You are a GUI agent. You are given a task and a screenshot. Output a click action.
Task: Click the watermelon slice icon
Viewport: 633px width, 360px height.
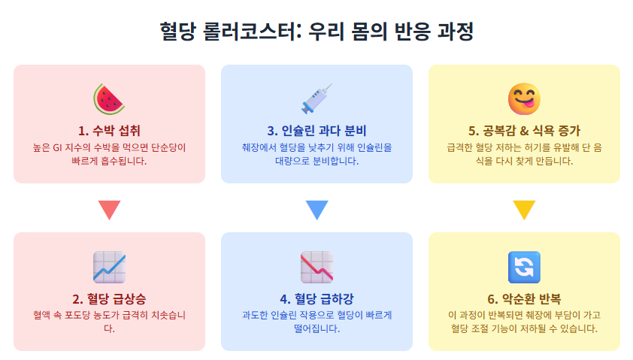pyautogui.click(x=109, y=98)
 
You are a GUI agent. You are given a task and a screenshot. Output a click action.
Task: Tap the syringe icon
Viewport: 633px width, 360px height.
pyautogui.click(x=316, y=98)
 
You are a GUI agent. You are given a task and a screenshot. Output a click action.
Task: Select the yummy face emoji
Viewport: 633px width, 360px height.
pyautogui.click(x=524, y=98)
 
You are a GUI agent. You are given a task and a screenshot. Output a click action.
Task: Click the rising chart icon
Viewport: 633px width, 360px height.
pyautogui.click(x=109, y=266)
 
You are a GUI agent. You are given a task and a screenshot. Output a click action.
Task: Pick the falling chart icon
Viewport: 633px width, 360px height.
pyautogui.click(x=316, y=266)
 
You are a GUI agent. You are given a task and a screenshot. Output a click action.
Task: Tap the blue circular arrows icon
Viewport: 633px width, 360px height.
pyautogui.click(x=524, y=266)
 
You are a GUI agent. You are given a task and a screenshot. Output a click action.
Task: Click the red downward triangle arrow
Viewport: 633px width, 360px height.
pyautogui.click(x=109, y=210)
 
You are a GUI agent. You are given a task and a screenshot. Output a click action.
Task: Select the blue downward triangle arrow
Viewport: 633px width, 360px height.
pyautogui.click(x=316, y=210)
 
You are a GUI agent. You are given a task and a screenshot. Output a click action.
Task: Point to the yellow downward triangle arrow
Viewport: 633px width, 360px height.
pyautogui.click(x=524, y=210)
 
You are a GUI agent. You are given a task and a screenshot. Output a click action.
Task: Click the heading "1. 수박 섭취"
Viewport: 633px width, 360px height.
pyautogui.click(x=109, y=130)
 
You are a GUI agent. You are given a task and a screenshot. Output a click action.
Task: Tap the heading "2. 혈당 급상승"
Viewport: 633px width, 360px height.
pyautogui.click(x=109, y=298)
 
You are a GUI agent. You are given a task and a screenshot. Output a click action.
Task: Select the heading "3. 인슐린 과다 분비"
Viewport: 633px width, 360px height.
pyautogui.click(x=316, y=130)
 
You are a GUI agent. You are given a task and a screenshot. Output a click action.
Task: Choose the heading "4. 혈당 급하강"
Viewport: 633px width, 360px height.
pyautogui.click(x=316, y=298)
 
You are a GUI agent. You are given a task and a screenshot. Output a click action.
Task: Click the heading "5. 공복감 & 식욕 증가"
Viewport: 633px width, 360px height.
pyautogui.click(x=524, y=130)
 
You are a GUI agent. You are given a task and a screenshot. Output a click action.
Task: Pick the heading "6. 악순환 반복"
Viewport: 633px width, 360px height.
pyautogui.click(x=524, y=298)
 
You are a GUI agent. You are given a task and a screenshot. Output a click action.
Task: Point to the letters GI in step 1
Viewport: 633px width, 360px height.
pyautogui.click(x=57, y=147)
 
